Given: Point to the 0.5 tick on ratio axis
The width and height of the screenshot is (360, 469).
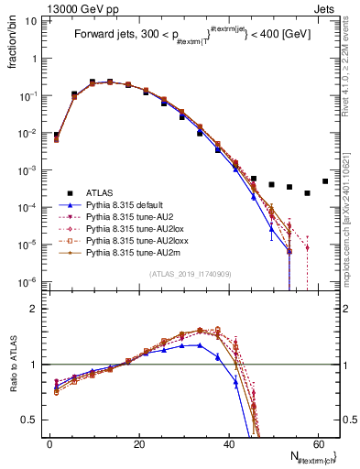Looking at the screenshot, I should coord(32,420).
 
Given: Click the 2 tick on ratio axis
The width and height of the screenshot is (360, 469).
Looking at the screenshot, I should coord(35,309).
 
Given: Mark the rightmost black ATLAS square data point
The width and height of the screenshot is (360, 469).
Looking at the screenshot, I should coord(325,180).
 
